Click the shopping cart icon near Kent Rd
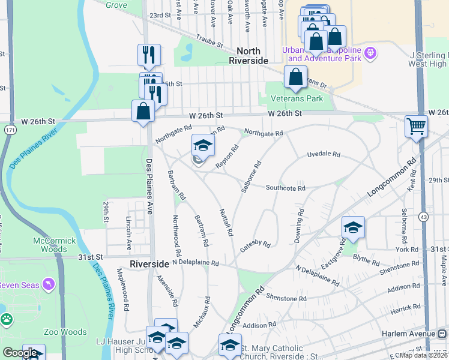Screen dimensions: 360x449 click(x=416, y=127)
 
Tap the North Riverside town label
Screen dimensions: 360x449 click(x=249, y=56)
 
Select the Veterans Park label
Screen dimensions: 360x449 click(x=297, y=98)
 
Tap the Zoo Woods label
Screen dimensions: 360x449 click(x=65, y=331)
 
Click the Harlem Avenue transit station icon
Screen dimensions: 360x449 click(x=441, y=334)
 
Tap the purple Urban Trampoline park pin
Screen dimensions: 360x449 click(x=370, y=53)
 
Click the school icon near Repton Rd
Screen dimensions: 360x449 click(x=203, y=145)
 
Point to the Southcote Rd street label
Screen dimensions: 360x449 click(x=286, y=188)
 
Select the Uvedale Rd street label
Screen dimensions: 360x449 click(x=324, y=154)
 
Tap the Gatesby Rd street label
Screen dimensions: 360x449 click(x=256, y=245)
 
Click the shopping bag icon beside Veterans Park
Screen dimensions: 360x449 click(x=295, y=77)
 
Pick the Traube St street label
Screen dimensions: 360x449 click(x=208, y=43)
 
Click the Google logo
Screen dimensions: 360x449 click(x=20, y=353)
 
